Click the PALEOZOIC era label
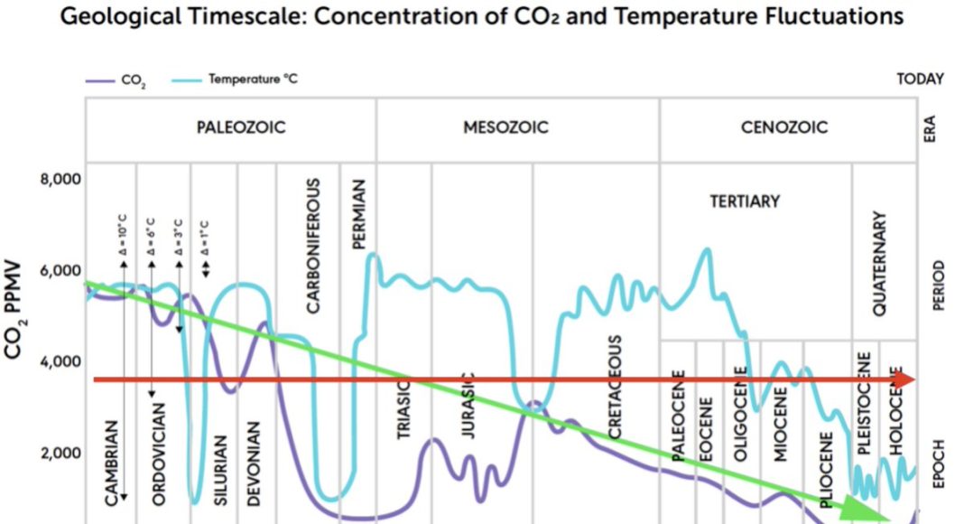[x=241, y=127]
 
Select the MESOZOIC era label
[x=505, y=127]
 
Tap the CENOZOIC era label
[x=784, y=127]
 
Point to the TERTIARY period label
[x=744, y=201]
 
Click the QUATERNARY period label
[x=882, y=263]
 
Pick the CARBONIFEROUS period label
[x=313, y=245]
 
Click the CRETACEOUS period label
[x=615, y=388]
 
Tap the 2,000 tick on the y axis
[x=61, y=454]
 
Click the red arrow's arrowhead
[x=905, y=380]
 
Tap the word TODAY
[x=920, y=80]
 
